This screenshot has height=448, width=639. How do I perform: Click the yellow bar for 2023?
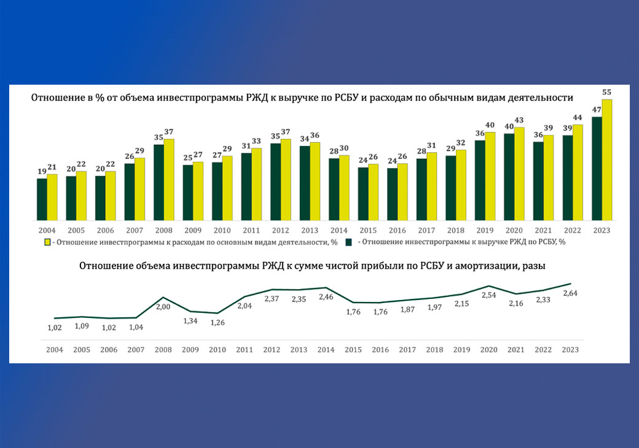tap(607, 160)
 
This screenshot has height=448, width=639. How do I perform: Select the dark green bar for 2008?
tap(159, 182)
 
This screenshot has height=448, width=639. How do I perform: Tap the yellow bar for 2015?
tap(373, 192)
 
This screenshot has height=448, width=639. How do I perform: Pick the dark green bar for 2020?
tap(509, 177)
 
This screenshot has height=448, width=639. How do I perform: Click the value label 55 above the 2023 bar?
tap(607, 92)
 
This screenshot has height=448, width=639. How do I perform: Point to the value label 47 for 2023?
tap(596, 110)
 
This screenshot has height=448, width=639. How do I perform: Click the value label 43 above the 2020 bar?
tap(519, 120)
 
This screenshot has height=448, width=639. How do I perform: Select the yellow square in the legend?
tap(47, 242)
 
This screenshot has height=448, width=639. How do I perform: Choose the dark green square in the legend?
tap(349, 242)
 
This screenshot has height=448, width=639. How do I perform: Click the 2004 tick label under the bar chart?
tap(47, 230)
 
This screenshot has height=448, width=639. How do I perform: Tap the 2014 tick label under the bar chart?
tap(339, 230)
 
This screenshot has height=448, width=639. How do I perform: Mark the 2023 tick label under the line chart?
tap(570, 349)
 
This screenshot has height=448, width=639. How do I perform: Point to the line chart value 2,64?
tap(570, 293)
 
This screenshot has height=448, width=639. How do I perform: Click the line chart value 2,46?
tap(326, 297)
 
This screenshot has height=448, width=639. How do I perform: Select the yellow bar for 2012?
tap(286, 180)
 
